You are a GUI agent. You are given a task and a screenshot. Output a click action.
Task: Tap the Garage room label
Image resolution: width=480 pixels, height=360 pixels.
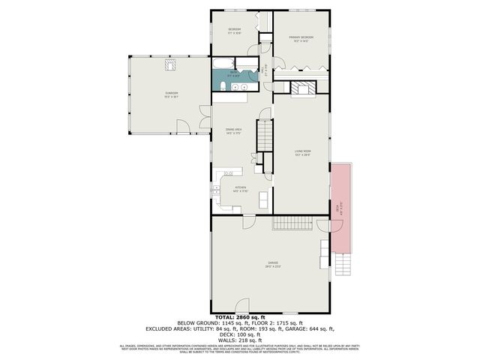[271, 263]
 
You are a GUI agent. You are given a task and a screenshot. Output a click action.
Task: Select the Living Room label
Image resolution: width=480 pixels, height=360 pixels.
[303, 152]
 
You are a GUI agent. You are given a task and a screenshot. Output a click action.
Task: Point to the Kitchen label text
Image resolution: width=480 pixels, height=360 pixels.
[241, 189]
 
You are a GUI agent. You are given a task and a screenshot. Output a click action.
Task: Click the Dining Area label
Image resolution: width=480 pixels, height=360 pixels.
[233, 130]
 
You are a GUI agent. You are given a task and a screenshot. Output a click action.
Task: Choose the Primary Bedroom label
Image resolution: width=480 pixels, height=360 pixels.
[303, 37]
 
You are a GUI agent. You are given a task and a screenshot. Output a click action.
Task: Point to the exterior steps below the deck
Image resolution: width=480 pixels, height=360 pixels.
[342, 263]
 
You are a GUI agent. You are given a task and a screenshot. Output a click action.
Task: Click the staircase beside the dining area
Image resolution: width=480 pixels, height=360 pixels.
[265, 134]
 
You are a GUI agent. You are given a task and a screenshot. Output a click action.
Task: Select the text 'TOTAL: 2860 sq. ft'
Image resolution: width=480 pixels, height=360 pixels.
[240, 319]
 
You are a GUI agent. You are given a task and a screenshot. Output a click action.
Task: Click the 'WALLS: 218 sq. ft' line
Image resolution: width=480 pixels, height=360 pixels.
[240, 341]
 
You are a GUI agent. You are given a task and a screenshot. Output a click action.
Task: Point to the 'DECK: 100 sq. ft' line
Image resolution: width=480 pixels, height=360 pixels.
[240, 336]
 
